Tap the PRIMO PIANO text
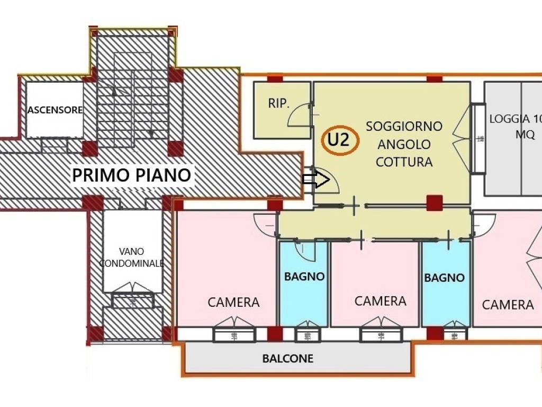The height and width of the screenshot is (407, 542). tap(131, 174)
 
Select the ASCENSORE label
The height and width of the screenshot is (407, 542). tap(55, 110)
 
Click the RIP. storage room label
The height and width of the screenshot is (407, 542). tap(278, 103)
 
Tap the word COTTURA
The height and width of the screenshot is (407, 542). tap(404, 162)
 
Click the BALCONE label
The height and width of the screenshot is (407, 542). tap(287, 359)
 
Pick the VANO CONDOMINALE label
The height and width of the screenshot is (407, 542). tap(132, 257)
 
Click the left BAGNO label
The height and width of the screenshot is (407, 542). tap(304, 276)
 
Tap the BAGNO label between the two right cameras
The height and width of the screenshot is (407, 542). tap(444, 277)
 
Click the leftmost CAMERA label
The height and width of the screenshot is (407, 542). tap(233, 302)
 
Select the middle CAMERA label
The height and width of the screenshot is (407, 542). tap(380, 301)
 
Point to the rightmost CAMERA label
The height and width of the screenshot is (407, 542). tap(508, 304)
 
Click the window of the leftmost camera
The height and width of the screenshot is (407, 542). tap(234, 333)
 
